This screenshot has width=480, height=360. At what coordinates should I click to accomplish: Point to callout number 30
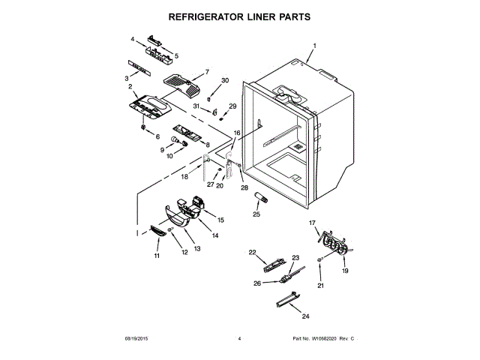point(224,80)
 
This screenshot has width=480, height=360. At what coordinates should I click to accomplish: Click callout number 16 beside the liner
point(238,132)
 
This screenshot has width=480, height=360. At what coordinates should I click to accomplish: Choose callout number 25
point(256,214)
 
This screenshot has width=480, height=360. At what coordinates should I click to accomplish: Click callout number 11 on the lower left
point(157,256)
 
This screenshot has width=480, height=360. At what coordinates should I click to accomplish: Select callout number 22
point(252,252)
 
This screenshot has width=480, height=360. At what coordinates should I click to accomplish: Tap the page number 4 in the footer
point(239,339)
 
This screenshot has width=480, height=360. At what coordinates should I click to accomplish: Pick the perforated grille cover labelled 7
point(184,85)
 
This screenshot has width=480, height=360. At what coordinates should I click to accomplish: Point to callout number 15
point(221,220)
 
